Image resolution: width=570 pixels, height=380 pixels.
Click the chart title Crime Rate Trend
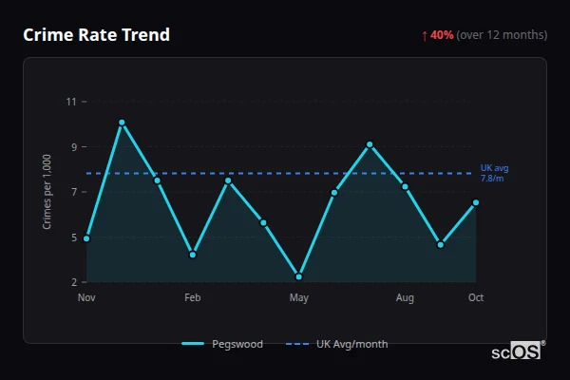[x=96, y=35]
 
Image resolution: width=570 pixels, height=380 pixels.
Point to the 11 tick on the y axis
[x=71, y=102]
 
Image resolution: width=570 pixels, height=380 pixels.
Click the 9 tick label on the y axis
[x=73, y=147]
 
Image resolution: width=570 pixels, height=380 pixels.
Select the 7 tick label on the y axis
[x=73, y=192]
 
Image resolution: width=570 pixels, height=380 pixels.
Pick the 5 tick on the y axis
[x=73, y=237]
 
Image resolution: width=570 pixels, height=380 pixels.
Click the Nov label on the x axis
[x=86, y=298]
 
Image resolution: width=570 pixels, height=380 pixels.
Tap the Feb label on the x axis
[x=193, y=298]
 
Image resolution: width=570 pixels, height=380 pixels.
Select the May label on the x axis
[x=299, y=298]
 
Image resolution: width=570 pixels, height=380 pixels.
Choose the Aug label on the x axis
[x=406, y=298]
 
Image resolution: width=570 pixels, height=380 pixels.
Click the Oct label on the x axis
[x=476, y=298]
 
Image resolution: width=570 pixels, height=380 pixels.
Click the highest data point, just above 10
[x=122, y=123]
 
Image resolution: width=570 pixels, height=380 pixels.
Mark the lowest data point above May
[x=299, y=276]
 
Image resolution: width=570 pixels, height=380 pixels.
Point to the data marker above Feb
[x=193, y=255]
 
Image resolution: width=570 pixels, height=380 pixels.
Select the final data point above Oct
[x=476, y=202]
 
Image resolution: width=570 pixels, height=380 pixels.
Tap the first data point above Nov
[x=86, y=238]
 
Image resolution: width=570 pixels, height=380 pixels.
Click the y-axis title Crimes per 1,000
[x=47, y=192]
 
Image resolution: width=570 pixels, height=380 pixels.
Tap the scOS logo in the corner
[x=517, y=351]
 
